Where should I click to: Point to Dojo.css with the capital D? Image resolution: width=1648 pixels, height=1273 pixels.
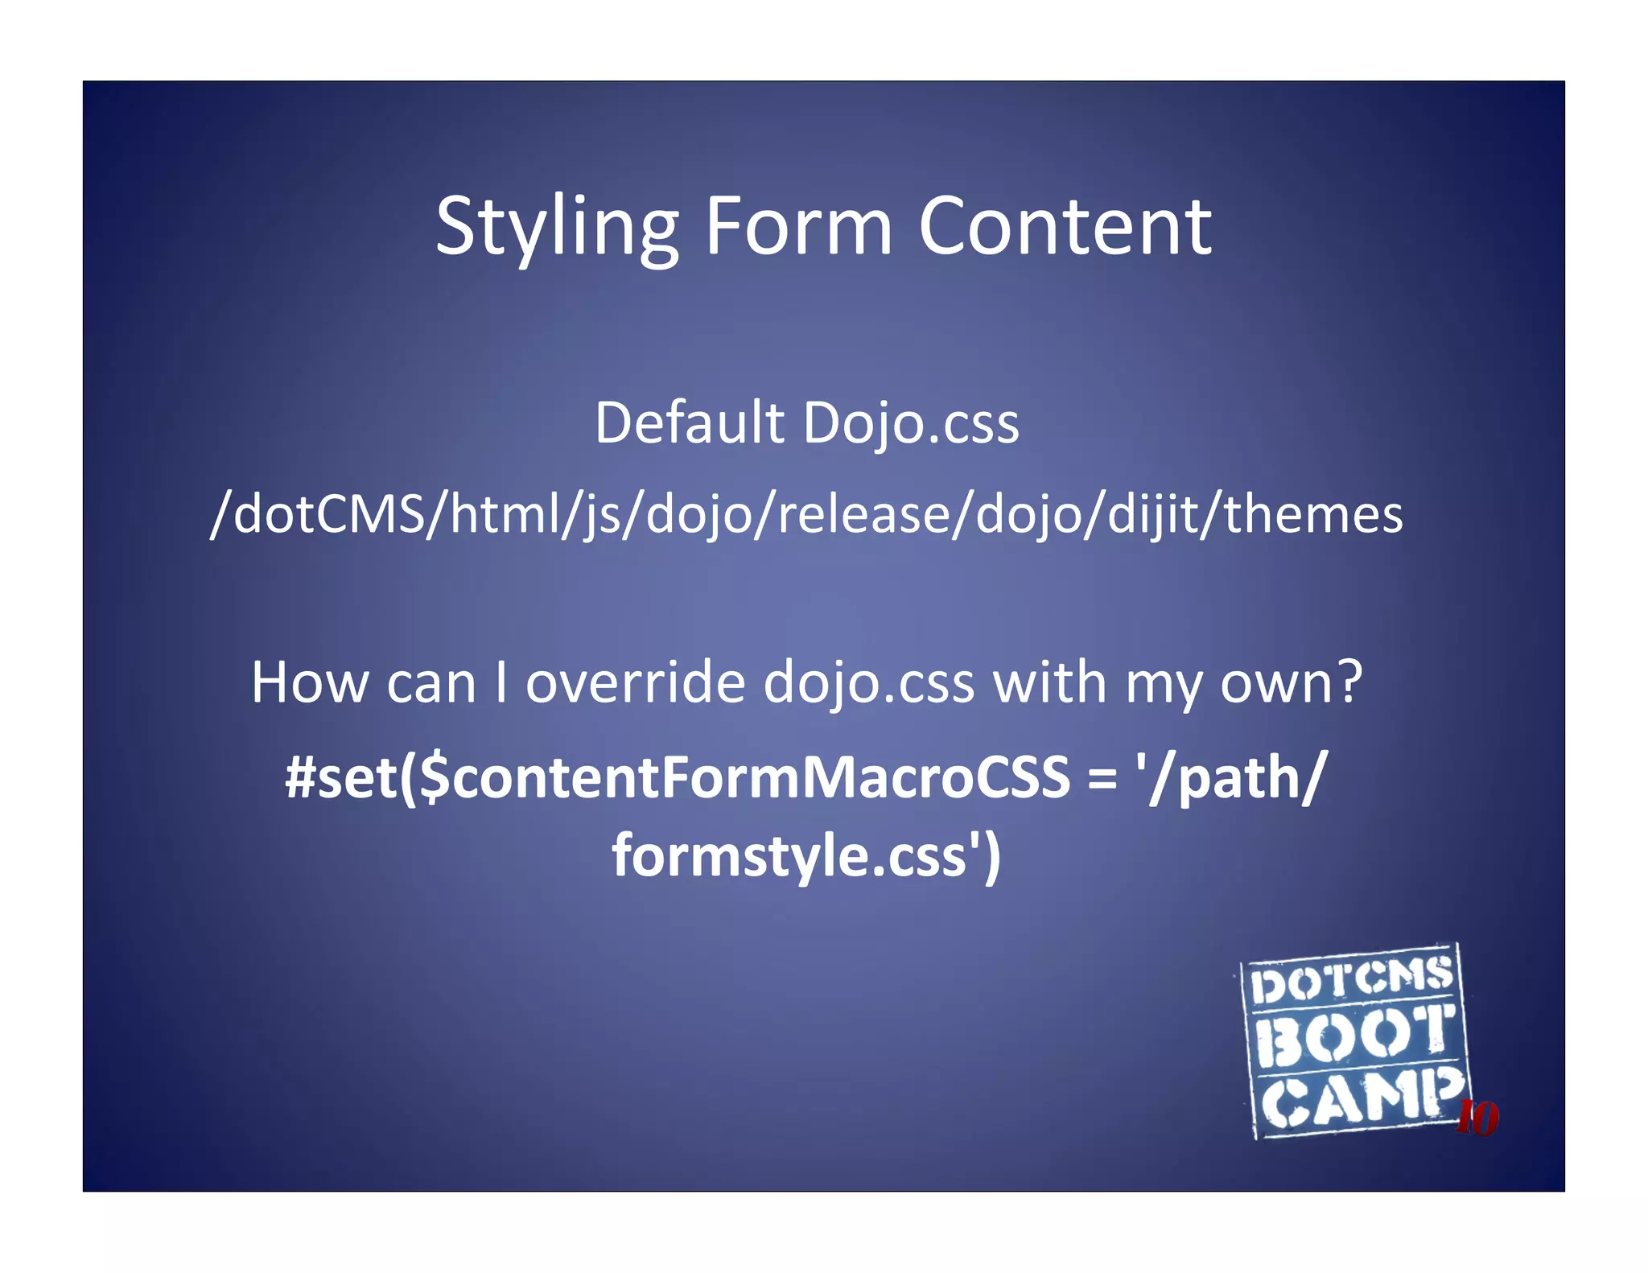tap(911, 424)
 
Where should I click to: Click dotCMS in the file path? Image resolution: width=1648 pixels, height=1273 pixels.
tap(330, 514)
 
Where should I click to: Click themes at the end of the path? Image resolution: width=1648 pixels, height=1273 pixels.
tap(1313, 514)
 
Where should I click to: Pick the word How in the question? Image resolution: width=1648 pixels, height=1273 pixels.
tap(308, 682)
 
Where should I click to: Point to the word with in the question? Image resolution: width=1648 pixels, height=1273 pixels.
tap(1049, 682)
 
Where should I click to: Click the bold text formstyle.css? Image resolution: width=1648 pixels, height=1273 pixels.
tap(789, 855)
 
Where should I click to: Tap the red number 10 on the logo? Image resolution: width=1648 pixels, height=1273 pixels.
tap(1477, 1118)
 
